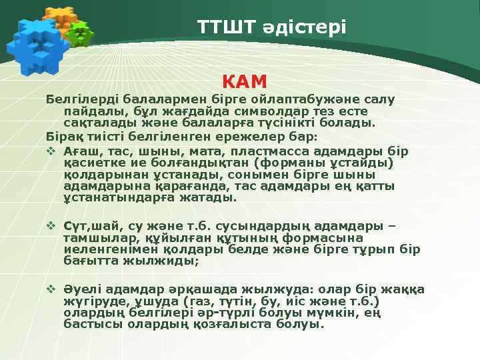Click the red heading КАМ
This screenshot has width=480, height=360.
point(244,81)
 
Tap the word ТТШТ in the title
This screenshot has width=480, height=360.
point(226,27)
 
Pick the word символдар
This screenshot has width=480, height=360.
point(260,111)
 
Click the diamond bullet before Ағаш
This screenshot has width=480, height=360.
point(51,151)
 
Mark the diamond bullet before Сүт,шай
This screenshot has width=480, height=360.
point(51,225)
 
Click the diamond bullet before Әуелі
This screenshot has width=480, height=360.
point(51,289)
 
